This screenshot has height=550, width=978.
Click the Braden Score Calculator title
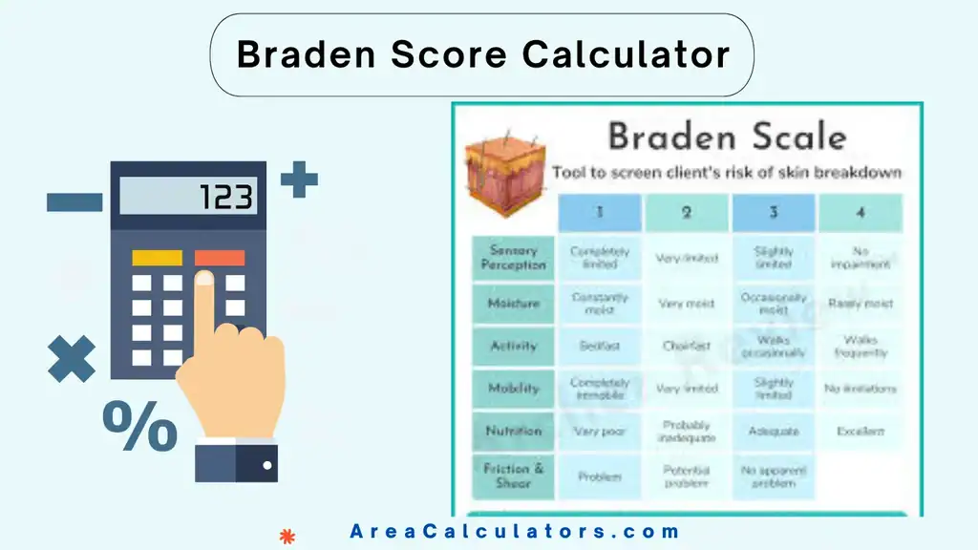coord(482,54)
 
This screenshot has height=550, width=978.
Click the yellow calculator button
coord(157,258)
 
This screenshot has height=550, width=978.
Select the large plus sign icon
coord(299,180)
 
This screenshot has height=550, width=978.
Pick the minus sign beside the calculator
coord(74,201)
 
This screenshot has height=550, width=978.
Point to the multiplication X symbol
coord(72,360)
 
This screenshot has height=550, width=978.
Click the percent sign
coord(139,427)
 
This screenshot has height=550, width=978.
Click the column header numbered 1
coord(599,213)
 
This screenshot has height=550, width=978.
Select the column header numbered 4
coord(860,213)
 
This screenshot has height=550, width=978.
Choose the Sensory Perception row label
coord(513,258)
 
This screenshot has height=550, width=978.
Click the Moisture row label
coord(513,304)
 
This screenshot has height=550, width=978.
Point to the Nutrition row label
coord(513,431)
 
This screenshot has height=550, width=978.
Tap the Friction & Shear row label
coord(513,476)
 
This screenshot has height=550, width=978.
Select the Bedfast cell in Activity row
coord(599,347)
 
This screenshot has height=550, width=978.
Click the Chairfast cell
coord(686,347)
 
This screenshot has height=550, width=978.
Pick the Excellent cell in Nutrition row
coord(860,432)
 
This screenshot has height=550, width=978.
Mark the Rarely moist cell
coord(860,304)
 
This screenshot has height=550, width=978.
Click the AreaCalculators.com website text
coord(515,532)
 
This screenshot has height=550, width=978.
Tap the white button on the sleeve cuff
coord(267,465)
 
